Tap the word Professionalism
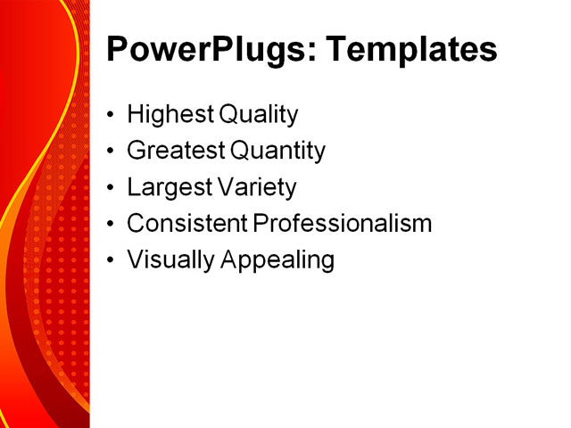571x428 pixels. click(343, 224)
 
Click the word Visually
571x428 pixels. click(163, 260)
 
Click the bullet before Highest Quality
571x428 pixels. click(110, 116)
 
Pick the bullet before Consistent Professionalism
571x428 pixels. click(110, 225)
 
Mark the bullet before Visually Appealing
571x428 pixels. click(110, 261)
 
